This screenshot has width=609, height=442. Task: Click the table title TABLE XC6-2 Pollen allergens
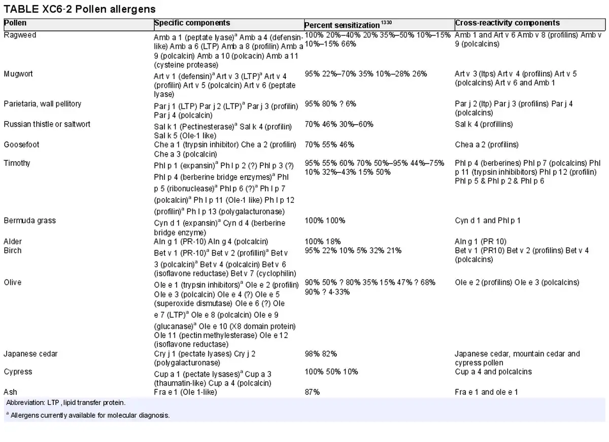pyautogui.click(x=79, y=9)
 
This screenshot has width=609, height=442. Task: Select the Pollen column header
pyautogui.click(x=15, y=23)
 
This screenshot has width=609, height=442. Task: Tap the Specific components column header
pyautogui.click(x=192, y=23)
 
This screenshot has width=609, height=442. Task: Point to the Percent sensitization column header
pyautogui.click(x=348, y=25)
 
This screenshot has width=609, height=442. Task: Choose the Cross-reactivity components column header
pyautogui.click(x=507, y=23)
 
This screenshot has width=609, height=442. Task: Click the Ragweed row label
pyautogui.click(x=20, y=35)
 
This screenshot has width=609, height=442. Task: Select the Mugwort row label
pyautogui.click(x=18, y=74)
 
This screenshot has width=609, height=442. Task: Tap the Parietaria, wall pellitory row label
pyautogui.click(x=43, y=104)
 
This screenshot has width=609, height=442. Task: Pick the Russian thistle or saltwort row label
pyautogui.click(x=47, y=124)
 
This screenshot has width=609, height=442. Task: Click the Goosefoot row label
pyautogui.click(x=21, y=144)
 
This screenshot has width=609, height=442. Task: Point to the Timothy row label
pyautogui.click(x=17, y=163)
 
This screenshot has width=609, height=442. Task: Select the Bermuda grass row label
pyautogui.click(x=29, y=220)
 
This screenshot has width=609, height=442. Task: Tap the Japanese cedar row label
pyautogui.click(x=31, y=354)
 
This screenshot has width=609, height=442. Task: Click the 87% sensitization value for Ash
pyautogui.click(x=312, y=392)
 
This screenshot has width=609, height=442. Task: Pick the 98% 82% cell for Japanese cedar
pyautogui.click(x=321, y=354)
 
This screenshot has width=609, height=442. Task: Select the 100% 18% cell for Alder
pyautogui.click(x=323, y=241)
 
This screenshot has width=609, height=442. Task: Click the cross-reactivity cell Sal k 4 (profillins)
pyautogui.click(x=484, y=124)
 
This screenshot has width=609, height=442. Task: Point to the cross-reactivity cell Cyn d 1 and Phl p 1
pyautogui.click(x=488, y=220)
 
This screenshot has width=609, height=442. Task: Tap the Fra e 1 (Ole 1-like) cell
pyautogui.click(x=185, y=392)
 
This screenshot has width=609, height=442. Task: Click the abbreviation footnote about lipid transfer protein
pyautogui.click(x=66, y=402)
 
